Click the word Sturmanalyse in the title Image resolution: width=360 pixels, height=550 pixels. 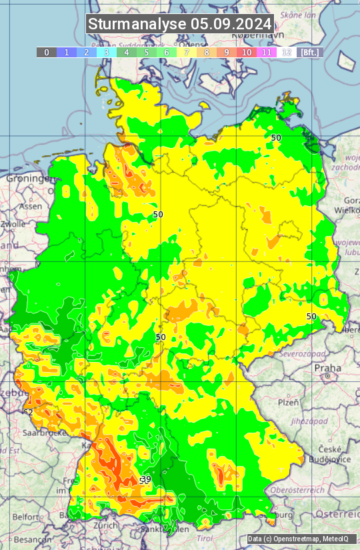click(x=137, y=24)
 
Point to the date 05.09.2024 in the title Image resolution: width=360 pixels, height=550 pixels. click(x=231, y=24)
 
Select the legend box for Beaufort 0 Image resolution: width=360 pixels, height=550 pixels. click(x=47, y=52)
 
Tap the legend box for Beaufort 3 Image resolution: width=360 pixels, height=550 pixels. click(x=107, y=52)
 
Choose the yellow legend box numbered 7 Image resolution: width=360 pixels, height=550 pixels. click(x=187, y=52)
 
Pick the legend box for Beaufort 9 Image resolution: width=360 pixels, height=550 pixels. click(x=227, y=52)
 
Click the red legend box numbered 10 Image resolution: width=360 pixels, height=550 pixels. click(x=247, y=52)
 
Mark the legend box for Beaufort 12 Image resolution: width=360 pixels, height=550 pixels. click(x=287, y=52)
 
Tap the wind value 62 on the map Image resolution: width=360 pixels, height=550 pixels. click(x=27, y=412)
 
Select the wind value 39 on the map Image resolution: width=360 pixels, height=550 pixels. click(x=146, y=479)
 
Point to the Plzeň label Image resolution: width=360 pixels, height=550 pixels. click(x=287, y=403)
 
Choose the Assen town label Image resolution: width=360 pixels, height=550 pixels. click(x=31, y=207)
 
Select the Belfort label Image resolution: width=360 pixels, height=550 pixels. click(x=25, y=516)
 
